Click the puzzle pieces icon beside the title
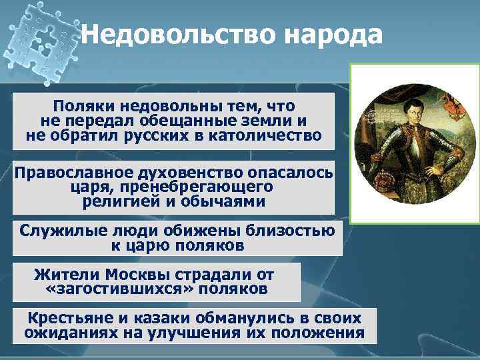(43, 40)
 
